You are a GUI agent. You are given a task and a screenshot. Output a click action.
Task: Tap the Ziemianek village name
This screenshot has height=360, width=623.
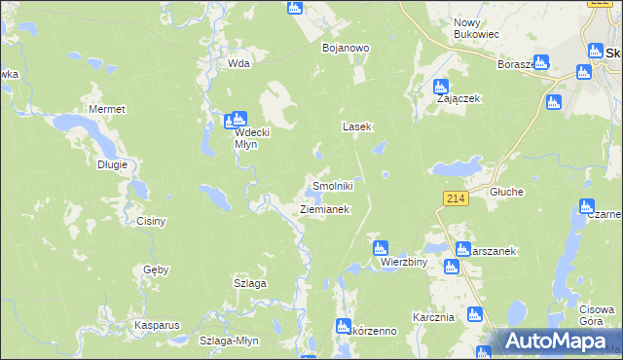(323, 209)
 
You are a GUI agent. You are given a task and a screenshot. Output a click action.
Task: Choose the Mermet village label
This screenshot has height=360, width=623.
(107, 109)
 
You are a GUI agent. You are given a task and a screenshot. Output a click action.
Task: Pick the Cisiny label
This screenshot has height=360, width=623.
(151, 221)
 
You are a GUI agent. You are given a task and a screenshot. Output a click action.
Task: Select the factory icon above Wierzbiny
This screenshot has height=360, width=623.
(382, 248)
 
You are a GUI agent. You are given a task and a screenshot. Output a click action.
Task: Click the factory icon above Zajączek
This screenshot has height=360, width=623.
(440, 85)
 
